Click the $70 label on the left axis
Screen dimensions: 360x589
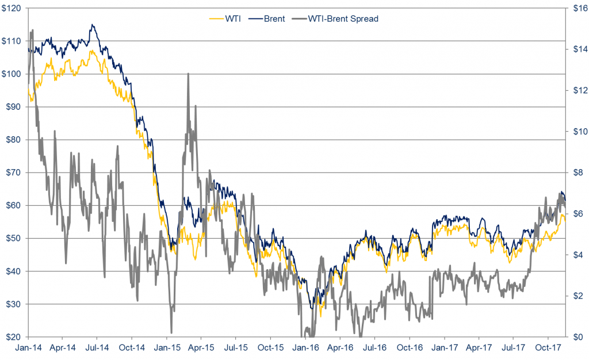click(13, 173)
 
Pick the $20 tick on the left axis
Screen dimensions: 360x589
click(13, 336)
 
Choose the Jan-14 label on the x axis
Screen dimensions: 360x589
click(28, 347)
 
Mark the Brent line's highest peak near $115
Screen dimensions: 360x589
click(92, 25)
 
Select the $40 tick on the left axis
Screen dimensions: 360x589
click(13, 271)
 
